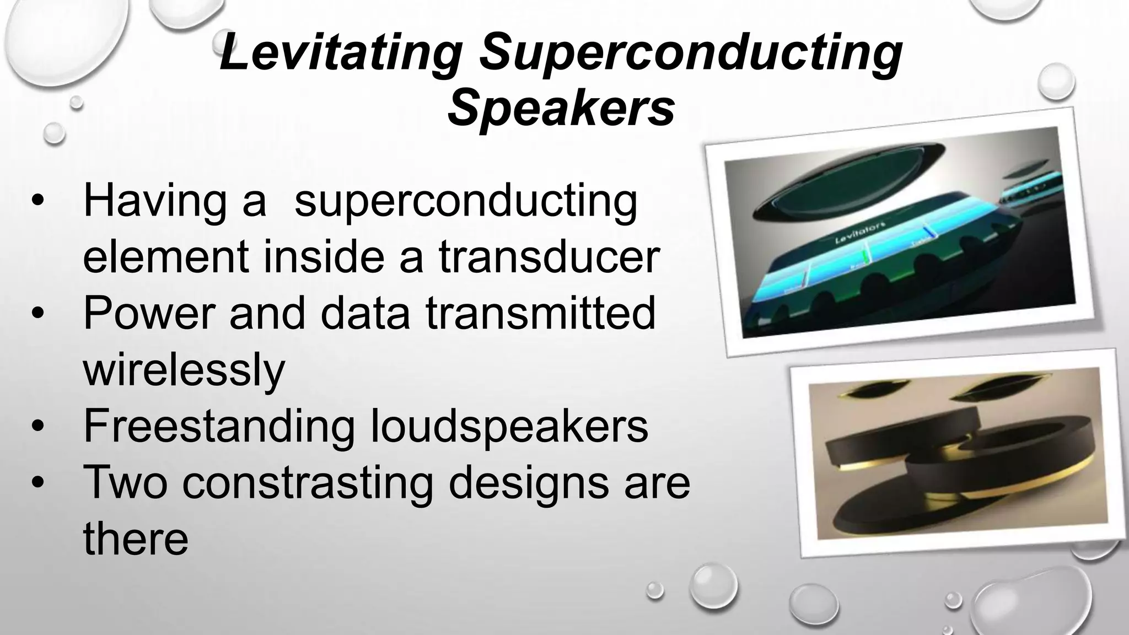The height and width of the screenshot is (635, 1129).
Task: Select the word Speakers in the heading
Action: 561,107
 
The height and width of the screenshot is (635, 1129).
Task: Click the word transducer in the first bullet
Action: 549,257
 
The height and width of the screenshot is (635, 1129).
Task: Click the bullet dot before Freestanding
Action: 37,427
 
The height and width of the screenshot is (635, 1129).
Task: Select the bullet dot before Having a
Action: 37,202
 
